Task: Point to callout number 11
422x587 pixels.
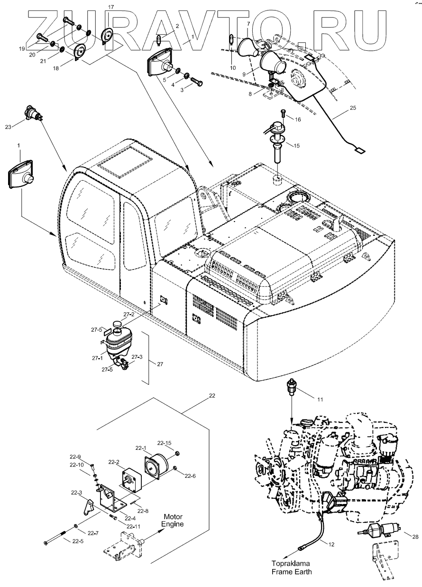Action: [320, 400]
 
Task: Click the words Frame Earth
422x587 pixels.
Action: [291, 572]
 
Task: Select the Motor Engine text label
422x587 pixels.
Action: [174, 520]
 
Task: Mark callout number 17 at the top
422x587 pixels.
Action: [111, 8]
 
